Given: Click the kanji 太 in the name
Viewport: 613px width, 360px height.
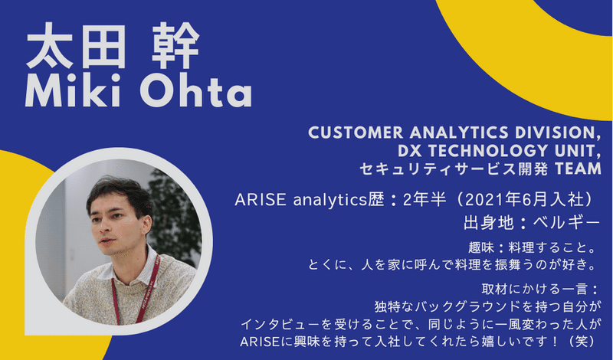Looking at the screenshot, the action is click(49, 46).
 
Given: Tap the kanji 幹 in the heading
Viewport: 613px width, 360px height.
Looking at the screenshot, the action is click(175, 46).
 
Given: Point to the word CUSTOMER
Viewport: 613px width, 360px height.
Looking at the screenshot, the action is click(356, 133).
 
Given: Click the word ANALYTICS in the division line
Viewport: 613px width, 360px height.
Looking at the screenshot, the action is click(459, 133).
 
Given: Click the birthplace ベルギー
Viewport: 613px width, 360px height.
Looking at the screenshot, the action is click(566, 222).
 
